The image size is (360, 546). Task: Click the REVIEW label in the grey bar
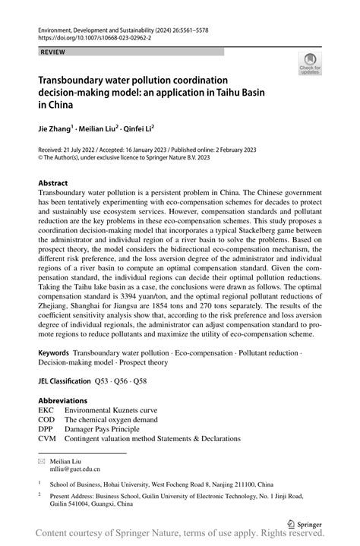click(x=52, y=52)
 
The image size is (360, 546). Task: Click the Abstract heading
click(x=52, y=183)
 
